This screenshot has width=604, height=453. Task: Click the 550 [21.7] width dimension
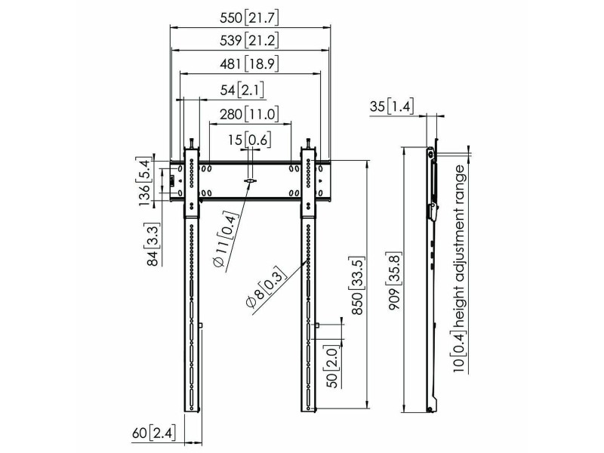coord(249,17)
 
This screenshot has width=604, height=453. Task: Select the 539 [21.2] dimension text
coord(249,41)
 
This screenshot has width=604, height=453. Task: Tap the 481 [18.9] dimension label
coord(249,63)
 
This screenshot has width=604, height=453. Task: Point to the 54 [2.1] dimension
coord(242,90)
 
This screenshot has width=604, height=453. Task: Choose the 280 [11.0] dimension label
coord(249,114)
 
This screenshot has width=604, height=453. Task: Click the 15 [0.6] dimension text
coord(249,140)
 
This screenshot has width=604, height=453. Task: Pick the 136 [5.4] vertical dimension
coord(144,181)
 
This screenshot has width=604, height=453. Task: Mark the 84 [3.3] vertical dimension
coord(153,245)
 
